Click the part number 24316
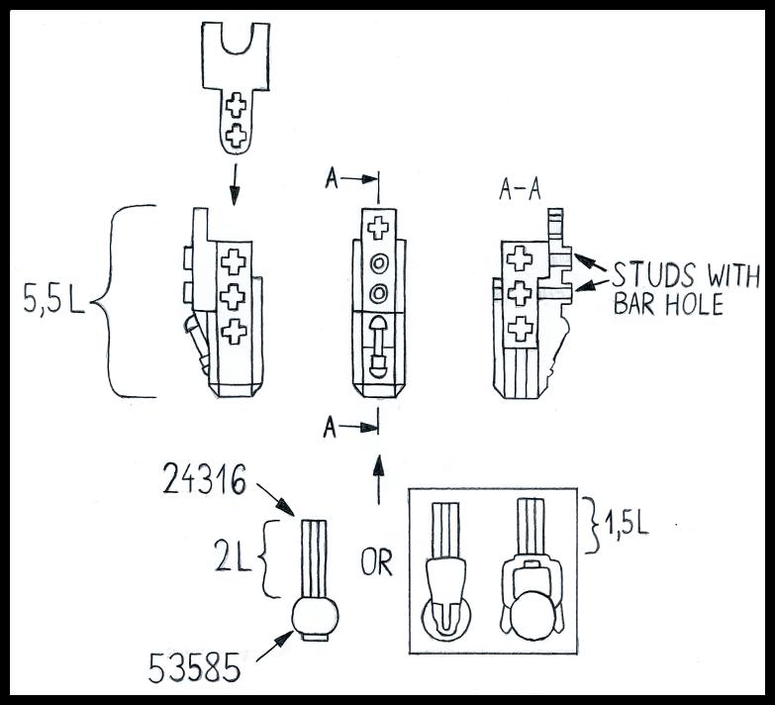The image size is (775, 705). [x=204, y=478]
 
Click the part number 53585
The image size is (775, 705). [x=194, y=667]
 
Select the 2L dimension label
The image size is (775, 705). [x=233, y=557]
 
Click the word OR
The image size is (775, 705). [x=376, y=562]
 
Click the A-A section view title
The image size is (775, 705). [x=520, y=189]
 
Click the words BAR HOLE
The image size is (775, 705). [x=668, y=303]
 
